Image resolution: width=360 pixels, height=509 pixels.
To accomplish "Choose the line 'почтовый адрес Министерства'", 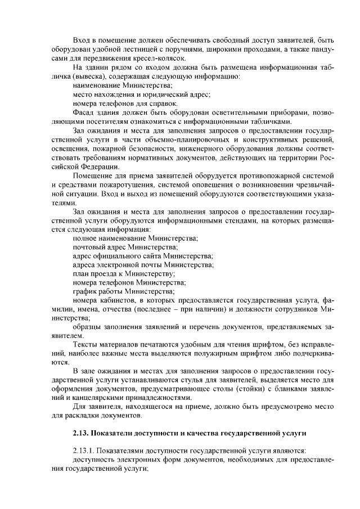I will [125, 247].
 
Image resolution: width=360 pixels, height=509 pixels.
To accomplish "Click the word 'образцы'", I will [88, 328].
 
